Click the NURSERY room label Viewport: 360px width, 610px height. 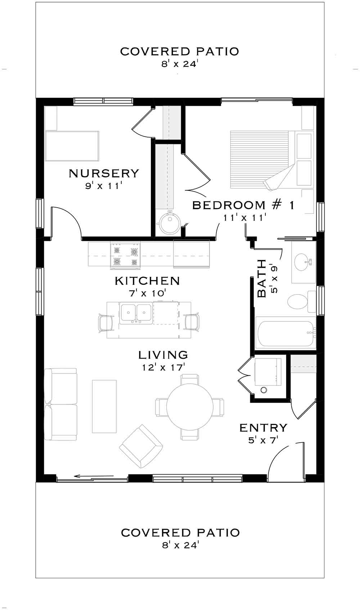pyautogui.click(x=104, y=173)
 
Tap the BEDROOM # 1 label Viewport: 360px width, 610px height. pyautogui.click(x=243, y=205)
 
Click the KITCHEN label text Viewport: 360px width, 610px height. pyautogui.click(x=147, y=281)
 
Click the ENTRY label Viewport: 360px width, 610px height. pyautogui.click(x=263, y=428)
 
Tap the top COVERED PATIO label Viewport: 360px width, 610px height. pyautogui.click(x=179, y=51)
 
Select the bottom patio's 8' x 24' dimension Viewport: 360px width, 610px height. pyautogui.click(x=180, y=545)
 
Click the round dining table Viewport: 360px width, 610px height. pyautogui.click(x=190, y=407)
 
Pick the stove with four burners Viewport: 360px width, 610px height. pyautogui.click(x=125, y=255)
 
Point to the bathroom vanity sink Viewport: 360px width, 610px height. pyautogui.click(x=301, y=262)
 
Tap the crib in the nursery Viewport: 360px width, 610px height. pyautogui.click(x=72, y=146)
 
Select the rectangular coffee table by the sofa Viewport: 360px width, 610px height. pyautogui.click(x=104, y=406)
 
